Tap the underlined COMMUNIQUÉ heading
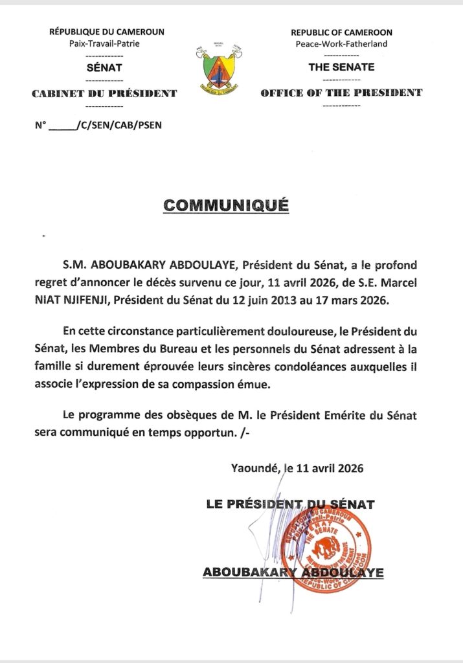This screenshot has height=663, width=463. [225, 205]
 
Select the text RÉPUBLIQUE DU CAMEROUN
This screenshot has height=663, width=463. [107, 32]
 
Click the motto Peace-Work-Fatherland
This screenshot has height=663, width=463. [341, 43]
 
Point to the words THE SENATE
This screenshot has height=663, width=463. [341, 67]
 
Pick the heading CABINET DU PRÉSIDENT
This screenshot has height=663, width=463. [104, 93]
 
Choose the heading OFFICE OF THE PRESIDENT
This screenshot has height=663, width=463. [341, 93]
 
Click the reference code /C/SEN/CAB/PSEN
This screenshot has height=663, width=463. [119, 125]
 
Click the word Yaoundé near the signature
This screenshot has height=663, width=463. [254, 468]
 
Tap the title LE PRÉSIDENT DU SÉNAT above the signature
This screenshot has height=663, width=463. [290, 503]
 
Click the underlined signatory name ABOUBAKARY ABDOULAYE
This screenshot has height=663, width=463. [293, 572]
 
